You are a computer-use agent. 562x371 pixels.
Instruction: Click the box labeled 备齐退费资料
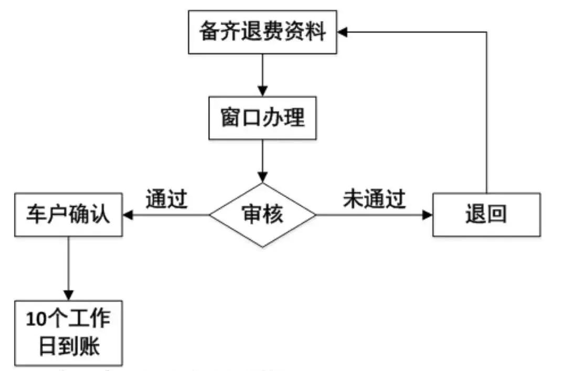click(x=262, y=32)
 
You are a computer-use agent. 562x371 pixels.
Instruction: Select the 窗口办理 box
click(x=262, y=118)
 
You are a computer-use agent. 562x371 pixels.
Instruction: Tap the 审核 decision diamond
click(x=262, y=215)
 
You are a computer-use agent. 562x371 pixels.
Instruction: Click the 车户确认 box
click(x=68, y=215)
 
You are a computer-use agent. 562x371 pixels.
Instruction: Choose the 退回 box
click(x=486, y=215)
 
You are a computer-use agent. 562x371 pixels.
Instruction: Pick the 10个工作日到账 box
click(x=68, y=333)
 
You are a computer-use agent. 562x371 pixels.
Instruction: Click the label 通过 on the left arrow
click(x=166, y=199)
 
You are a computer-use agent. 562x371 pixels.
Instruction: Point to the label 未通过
click(x=374, y=199)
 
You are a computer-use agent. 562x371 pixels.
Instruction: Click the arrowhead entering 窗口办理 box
click(x=262, y=90)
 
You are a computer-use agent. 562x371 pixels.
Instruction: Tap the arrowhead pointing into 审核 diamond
click(x=262, y=177)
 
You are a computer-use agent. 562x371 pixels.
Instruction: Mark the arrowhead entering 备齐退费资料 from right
click(x=342, y=32)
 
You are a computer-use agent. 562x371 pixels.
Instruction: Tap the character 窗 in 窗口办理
click(x=231, y=118)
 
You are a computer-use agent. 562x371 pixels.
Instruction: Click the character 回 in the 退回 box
click(x=496, y=215)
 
